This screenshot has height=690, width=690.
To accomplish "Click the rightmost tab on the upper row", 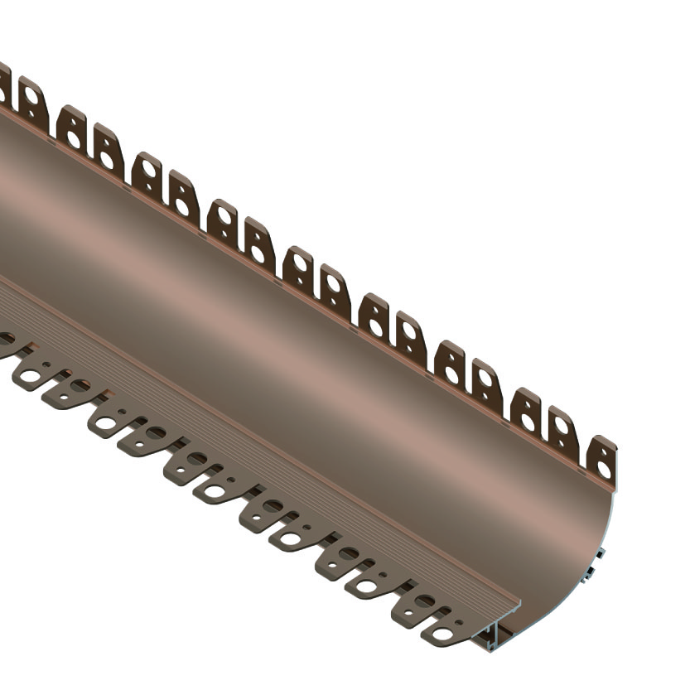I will (601, 458).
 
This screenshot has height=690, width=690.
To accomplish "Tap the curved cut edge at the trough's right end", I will (605, 530).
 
